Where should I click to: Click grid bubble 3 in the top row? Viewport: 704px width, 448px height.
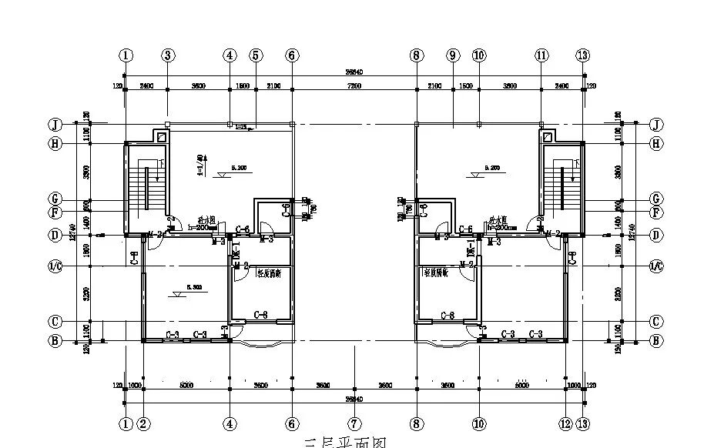click(x=168, y=55)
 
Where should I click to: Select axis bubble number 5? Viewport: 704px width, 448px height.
click(x=256, y=55)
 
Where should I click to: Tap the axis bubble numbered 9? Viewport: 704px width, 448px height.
click(x=452, y=55)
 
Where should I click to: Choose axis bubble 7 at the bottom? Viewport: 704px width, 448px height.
click(x=354, y=423)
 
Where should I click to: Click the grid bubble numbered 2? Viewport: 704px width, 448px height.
click(x=144, y=423)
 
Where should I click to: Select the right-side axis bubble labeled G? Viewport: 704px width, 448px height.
click(x=656, y=199)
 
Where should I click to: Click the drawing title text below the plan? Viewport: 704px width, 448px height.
click(x=344, y=443)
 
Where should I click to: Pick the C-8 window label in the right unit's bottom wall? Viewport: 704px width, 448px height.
click(x=447, y=315)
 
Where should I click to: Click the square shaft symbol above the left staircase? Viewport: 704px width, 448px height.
click(x=160, y=137)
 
